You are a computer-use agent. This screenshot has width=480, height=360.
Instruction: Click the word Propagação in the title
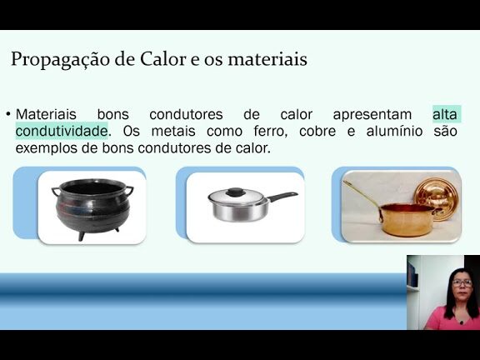point(60,59)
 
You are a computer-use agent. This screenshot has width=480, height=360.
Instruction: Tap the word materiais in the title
point(267,59)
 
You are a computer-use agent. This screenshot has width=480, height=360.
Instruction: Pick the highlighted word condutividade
point(62,132)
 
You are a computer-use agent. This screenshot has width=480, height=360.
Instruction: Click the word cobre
point(317,132)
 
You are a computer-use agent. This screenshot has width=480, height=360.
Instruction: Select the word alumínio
point(394,132)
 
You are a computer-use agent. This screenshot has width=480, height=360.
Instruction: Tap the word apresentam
point(372,115)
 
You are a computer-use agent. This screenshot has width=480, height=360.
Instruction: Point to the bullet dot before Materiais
point(8,114)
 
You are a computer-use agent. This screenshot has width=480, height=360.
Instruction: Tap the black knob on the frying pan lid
point(235,192)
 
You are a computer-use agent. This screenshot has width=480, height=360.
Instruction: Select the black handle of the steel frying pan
point(282,197)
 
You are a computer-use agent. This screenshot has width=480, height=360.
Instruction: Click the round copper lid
point(436,198)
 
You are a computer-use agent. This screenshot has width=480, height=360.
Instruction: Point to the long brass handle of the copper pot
point(362,196)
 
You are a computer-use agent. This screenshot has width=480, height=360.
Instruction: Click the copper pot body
point(407,219)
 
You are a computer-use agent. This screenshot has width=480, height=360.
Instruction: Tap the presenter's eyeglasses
point(462,283)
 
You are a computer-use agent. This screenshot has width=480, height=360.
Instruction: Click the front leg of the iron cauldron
point(82,236)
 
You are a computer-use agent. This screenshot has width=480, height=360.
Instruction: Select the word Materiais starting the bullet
point(46,114)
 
